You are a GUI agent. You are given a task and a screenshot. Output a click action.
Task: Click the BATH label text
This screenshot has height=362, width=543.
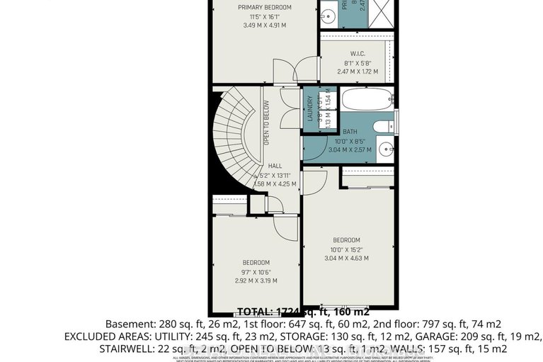(350, 132)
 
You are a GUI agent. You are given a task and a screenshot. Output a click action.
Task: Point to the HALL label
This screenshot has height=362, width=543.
(275, 166)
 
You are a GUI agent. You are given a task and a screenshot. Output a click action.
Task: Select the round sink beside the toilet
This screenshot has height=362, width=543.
(384, 149)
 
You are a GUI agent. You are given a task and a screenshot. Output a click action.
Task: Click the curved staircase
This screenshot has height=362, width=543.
(234, 138)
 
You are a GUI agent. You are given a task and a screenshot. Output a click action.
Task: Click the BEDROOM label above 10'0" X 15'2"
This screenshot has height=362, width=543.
(346, 240)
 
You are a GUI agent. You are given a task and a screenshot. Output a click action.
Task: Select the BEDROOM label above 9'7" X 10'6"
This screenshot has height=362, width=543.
(256, 261)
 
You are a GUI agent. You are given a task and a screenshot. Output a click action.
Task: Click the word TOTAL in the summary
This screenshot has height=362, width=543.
(255, 311)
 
